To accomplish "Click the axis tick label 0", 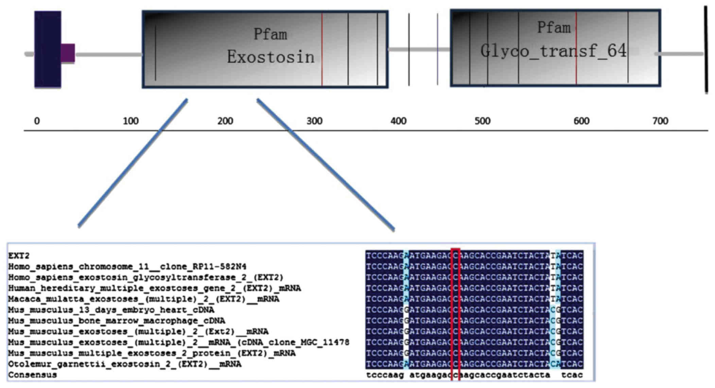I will [37, 121].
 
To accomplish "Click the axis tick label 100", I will [131, 121].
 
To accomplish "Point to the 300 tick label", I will [314, 121].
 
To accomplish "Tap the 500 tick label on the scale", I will [483, 121].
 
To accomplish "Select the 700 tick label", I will [660, 121].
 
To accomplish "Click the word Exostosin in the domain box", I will [271, 57].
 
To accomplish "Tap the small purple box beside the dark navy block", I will [68, 53].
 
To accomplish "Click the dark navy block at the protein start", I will [48, 50].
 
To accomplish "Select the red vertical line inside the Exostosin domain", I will [322, 50].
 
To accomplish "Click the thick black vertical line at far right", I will [706, 50].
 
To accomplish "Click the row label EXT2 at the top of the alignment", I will [19, 256].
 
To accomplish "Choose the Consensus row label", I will [33, 375].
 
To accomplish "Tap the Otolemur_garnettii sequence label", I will [125, 364].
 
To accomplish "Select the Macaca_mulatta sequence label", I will [144, 299].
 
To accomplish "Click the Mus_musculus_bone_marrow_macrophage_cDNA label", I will [117, 321].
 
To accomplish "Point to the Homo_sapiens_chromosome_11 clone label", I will [127, 266].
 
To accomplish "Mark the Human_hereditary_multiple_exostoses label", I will [155, 288].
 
